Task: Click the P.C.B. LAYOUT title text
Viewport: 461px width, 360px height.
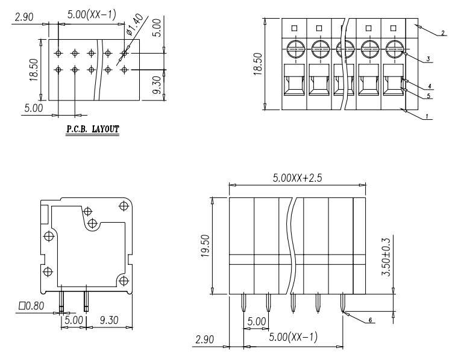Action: (x=93, y=129)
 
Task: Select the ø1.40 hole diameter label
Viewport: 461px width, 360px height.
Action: (x=136, y=25)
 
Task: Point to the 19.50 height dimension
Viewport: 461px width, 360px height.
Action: (x=205, y=246)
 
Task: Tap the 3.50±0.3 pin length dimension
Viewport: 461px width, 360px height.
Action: (x=386, y=257)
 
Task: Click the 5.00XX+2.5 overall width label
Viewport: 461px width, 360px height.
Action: (x=297, y=178)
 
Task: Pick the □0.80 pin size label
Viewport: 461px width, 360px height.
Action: (x=31, y=306)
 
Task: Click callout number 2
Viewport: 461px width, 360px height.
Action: (x=443, y=33)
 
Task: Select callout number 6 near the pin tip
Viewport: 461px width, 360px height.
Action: (x=370, y=320)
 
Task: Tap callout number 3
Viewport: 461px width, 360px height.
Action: (x=428, y=59)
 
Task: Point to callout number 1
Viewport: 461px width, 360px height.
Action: (x=427, y=117)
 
